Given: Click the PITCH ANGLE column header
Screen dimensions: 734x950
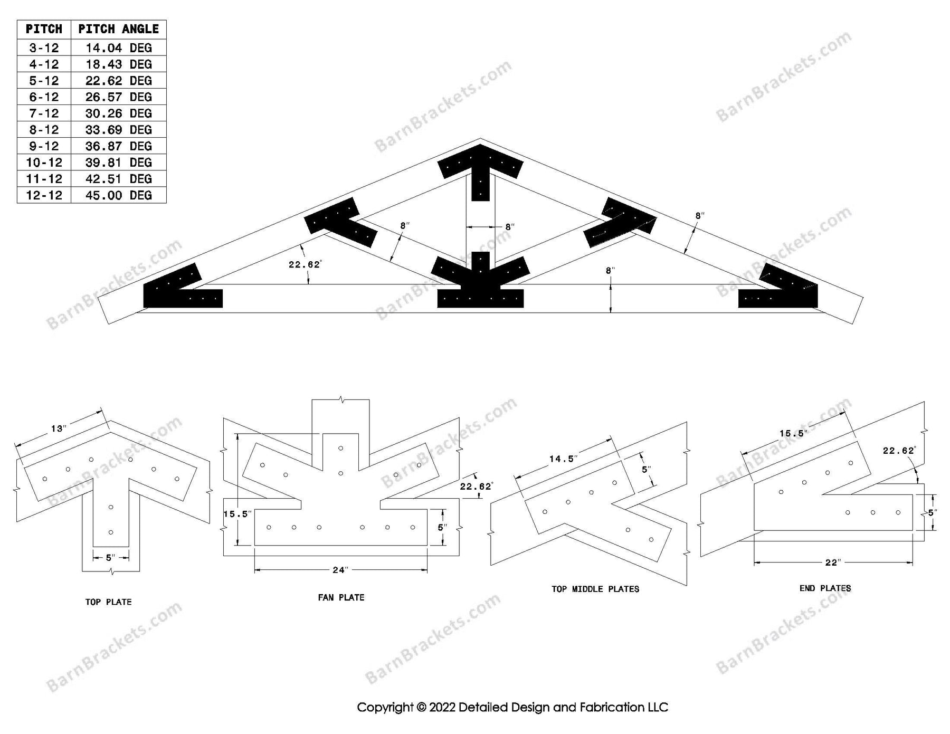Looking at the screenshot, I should (x=118, y=29).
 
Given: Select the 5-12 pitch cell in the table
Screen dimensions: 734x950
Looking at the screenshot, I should (x=44, y=81).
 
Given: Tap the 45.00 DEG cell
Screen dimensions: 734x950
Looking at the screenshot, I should (x=118, y=195).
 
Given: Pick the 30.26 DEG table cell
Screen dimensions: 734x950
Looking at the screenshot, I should (x=118, y=113).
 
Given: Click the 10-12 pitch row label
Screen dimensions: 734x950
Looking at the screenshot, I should (x=44, y=163).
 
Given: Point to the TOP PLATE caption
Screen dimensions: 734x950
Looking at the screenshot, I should (x=108, y=602).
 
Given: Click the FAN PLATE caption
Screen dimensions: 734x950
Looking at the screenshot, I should (x=341, y=597).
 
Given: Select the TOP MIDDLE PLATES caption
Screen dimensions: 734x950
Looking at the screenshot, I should (x=595, y=589).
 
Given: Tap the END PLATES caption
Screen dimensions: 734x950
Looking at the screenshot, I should (x=825, y=588).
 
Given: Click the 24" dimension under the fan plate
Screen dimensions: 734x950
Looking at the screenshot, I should (x=340, y=570).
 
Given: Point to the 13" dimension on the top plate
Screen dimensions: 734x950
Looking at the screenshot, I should (x=58, y=428).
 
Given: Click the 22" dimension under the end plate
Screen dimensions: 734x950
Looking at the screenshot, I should (x=832, y=563).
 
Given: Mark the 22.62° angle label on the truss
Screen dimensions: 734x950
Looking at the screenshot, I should (x=305, y=264).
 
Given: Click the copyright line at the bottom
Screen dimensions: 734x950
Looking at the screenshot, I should (x=512, y=707).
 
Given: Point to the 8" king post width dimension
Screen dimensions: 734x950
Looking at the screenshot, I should (x=509, y=227).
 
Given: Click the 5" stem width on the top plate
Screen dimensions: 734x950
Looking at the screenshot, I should (x=111, y=557).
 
